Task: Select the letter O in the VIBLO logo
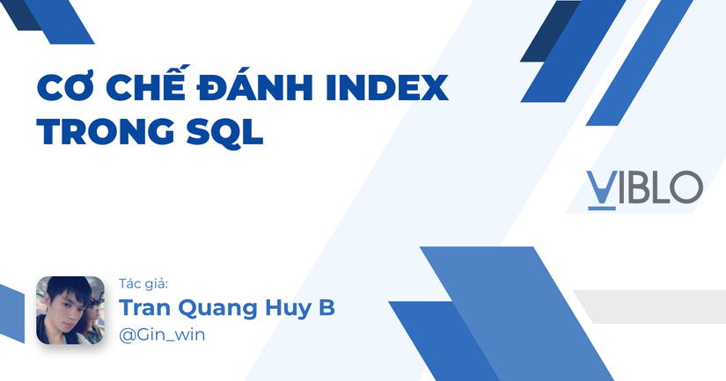[x=686, y=187]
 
